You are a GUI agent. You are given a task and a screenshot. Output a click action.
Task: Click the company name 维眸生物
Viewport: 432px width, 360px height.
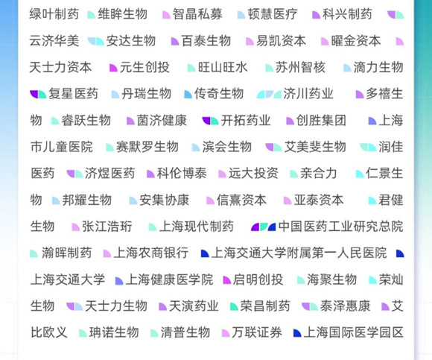click(x=123, y=14)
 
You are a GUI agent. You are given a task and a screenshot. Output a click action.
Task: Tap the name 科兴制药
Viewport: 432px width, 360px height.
click(x=347, y=14)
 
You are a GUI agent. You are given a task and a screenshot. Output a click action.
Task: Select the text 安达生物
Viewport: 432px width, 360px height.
click(x=131, y=41)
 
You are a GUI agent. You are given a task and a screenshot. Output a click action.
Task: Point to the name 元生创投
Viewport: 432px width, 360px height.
click(x=144, y=67)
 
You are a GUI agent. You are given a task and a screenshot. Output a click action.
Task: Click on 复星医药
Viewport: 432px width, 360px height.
click(x=73, y=94)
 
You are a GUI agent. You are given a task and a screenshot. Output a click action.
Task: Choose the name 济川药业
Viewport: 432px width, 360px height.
click(x=308, y=94)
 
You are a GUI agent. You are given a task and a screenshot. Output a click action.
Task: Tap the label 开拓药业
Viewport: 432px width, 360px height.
click(x=246, y=121)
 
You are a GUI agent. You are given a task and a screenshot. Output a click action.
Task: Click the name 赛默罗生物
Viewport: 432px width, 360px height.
click(x=147, y=147)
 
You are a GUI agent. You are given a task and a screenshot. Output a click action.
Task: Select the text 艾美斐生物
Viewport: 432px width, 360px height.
click(x=315, y=147)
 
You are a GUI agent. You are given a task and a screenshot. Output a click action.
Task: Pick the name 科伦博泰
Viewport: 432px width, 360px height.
click(x=182, y=174)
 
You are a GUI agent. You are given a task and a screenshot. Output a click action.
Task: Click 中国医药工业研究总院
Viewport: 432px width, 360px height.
click(x=341, y=227)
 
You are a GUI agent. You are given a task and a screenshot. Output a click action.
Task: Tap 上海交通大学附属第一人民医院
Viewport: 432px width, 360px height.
click(x=299, y=253)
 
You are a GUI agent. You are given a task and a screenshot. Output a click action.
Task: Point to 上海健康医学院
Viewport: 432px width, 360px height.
click(x=169, y=280)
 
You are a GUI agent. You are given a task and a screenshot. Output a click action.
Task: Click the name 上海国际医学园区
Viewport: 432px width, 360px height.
click(x=354, y=332)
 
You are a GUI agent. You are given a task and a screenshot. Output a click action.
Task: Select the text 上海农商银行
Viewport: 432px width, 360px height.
click(x=151, y=253)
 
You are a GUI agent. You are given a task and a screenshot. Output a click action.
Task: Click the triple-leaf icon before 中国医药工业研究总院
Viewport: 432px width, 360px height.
click(x=264, y=227)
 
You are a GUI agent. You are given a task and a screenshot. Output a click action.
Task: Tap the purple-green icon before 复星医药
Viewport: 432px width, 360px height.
click(x=38, y=94)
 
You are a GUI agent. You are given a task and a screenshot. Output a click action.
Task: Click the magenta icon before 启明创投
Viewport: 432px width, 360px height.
click(x=227, y=280)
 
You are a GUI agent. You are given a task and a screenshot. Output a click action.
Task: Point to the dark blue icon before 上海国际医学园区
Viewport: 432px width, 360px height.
click(x=297, y=333)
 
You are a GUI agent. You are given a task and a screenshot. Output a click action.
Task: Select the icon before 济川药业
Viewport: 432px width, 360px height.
click(x=269, y=94)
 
